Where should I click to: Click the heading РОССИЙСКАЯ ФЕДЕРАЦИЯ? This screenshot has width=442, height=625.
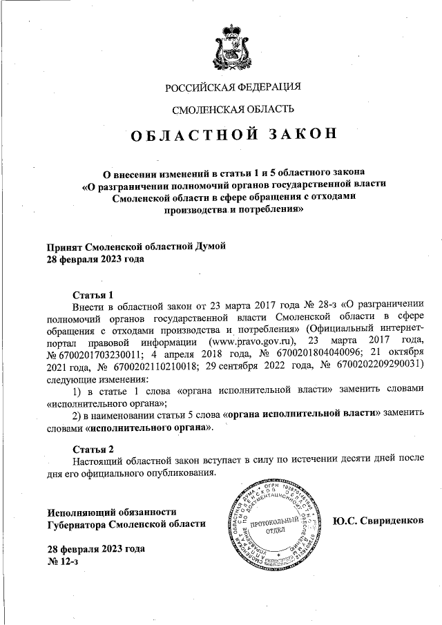point(233,87)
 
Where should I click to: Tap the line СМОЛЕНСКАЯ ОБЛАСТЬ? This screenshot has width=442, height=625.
point(233,108)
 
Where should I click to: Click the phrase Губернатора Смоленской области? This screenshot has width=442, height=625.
point(126,524)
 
